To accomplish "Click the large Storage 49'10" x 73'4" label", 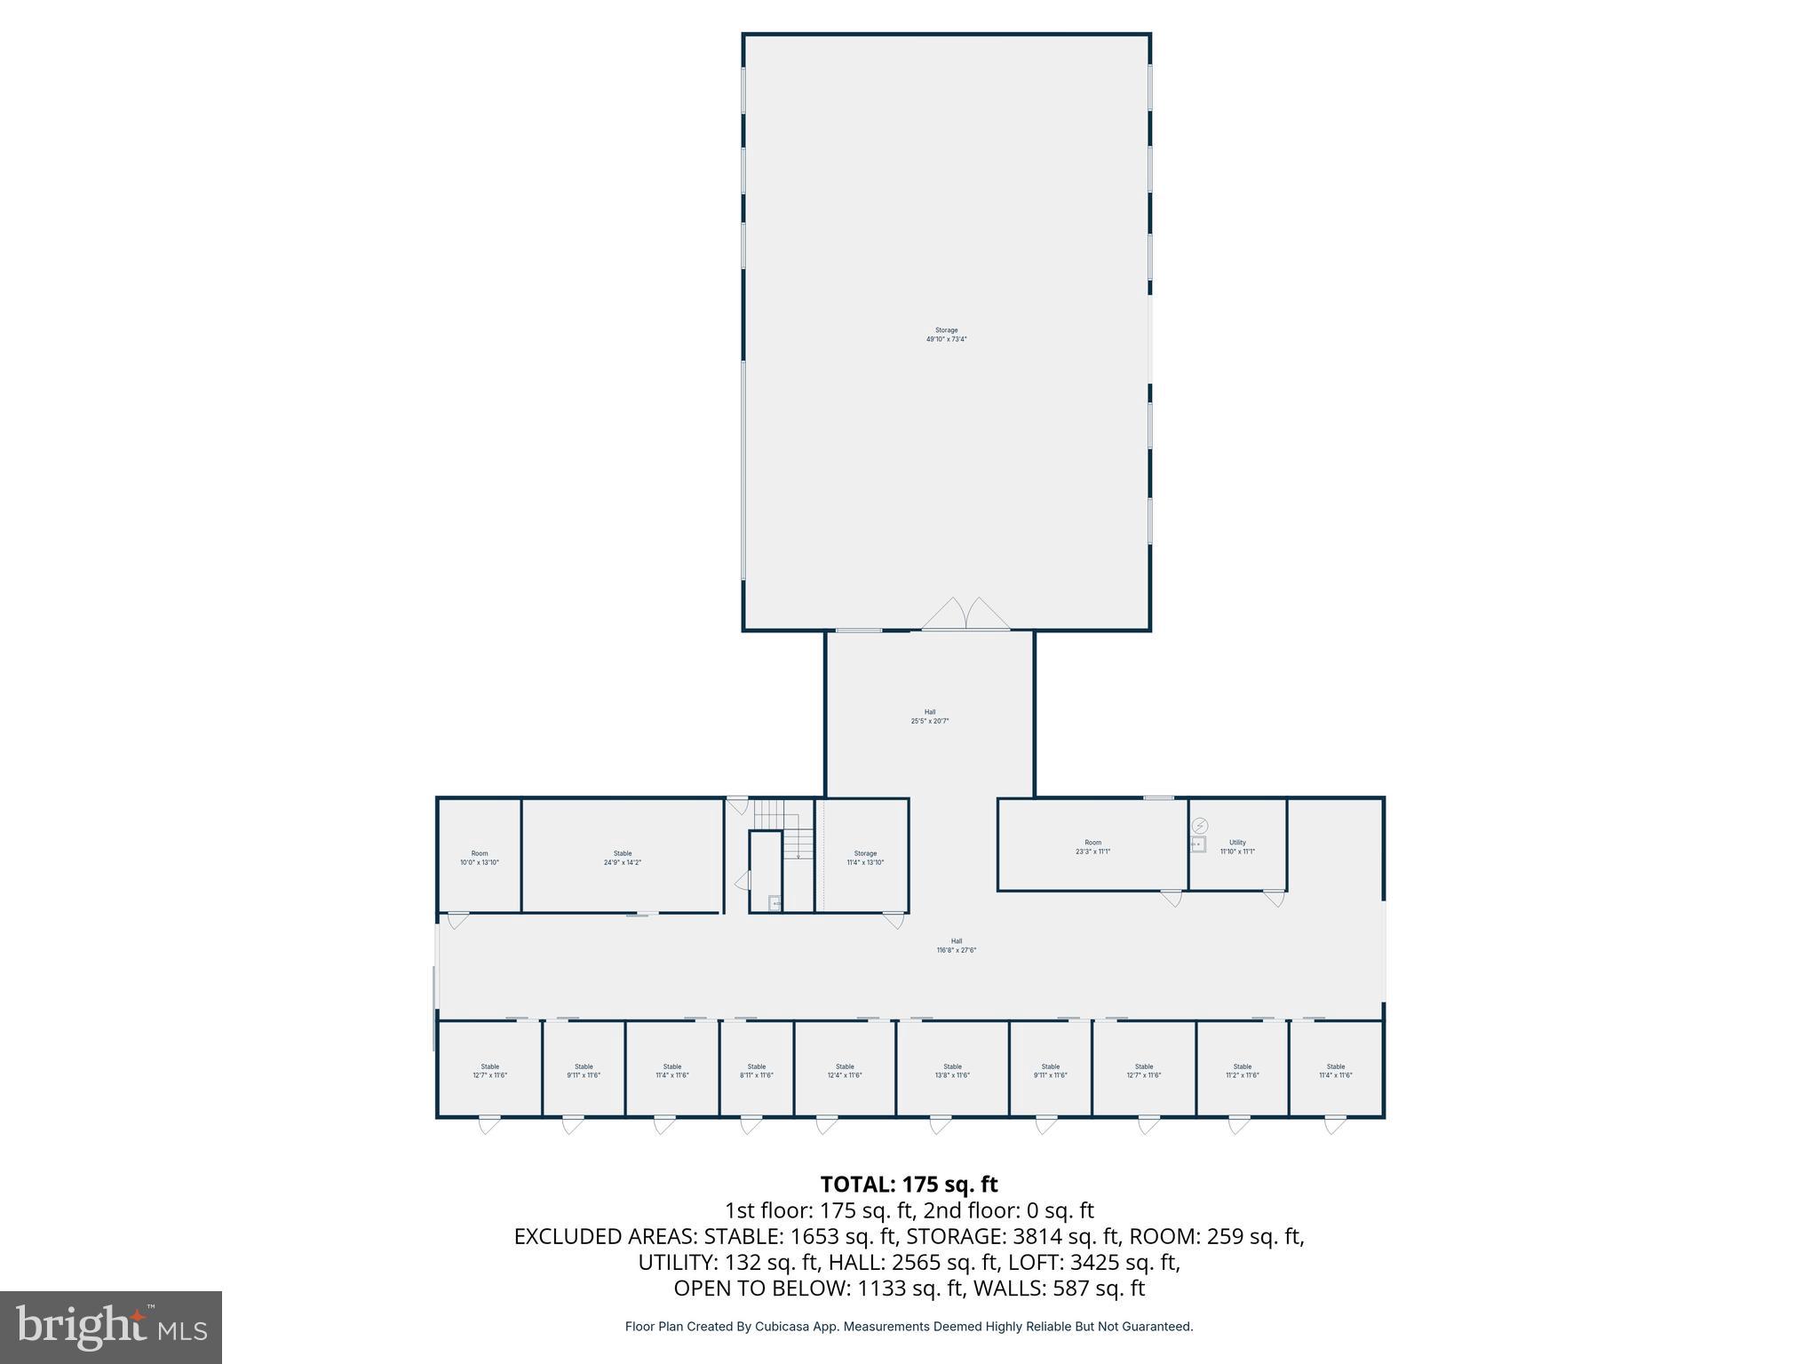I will point(946,335).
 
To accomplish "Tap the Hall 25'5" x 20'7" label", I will point(930,717).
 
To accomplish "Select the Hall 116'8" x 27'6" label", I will point(956,946).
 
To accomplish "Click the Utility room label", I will point(1237,847).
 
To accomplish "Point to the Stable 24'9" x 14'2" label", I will point(622,858).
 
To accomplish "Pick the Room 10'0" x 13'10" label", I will point(479,858).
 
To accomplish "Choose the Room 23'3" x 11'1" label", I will point(1092,847).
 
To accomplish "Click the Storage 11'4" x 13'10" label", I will point(865,858).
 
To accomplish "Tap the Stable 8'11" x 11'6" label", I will point(756,1071).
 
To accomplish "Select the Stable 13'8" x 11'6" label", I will point(952,1071).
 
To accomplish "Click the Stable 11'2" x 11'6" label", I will point(1242,1071).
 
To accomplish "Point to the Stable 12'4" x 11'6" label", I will point(845,1071).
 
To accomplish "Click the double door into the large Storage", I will point(965,615).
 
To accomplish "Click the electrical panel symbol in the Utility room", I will point(1200,826).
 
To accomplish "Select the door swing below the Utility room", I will point(1275,899).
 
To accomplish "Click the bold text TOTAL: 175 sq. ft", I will point(909,1185).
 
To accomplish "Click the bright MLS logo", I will point(111,1327).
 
